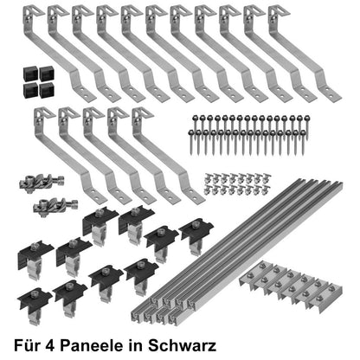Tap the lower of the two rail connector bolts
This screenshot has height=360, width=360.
tap(50, 206)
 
